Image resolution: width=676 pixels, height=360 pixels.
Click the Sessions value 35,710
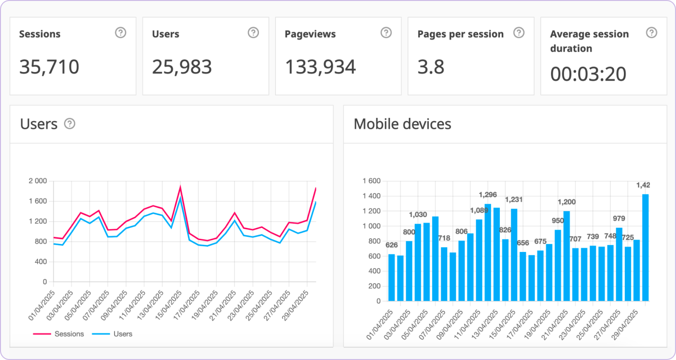click(49, 67)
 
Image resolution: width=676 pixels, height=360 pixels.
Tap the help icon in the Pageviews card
click(386, 33)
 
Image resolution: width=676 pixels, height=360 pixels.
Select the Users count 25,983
click(182, 67)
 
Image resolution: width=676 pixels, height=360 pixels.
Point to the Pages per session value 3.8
click(431, 67)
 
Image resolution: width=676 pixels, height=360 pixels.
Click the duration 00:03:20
click(588, 74)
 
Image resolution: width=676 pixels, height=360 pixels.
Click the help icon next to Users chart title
click(70, 124)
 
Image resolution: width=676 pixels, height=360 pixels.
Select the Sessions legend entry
click(59, 334)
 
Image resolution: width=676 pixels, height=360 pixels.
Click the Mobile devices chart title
click(402, 124)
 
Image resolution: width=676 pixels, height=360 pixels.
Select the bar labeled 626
click(391, 278)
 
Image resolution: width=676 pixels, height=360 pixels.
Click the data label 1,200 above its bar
click(567, 202)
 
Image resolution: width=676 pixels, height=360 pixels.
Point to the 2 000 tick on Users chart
click(37, 181)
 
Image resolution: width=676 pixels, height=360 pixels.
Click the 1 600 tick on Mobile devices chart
click(371, 181)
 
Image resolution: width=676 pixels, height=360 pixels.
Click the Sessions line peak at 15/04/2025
click(180, 187)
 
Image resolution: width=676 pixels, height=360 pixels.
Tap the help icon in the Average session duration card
click(652, 33)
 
